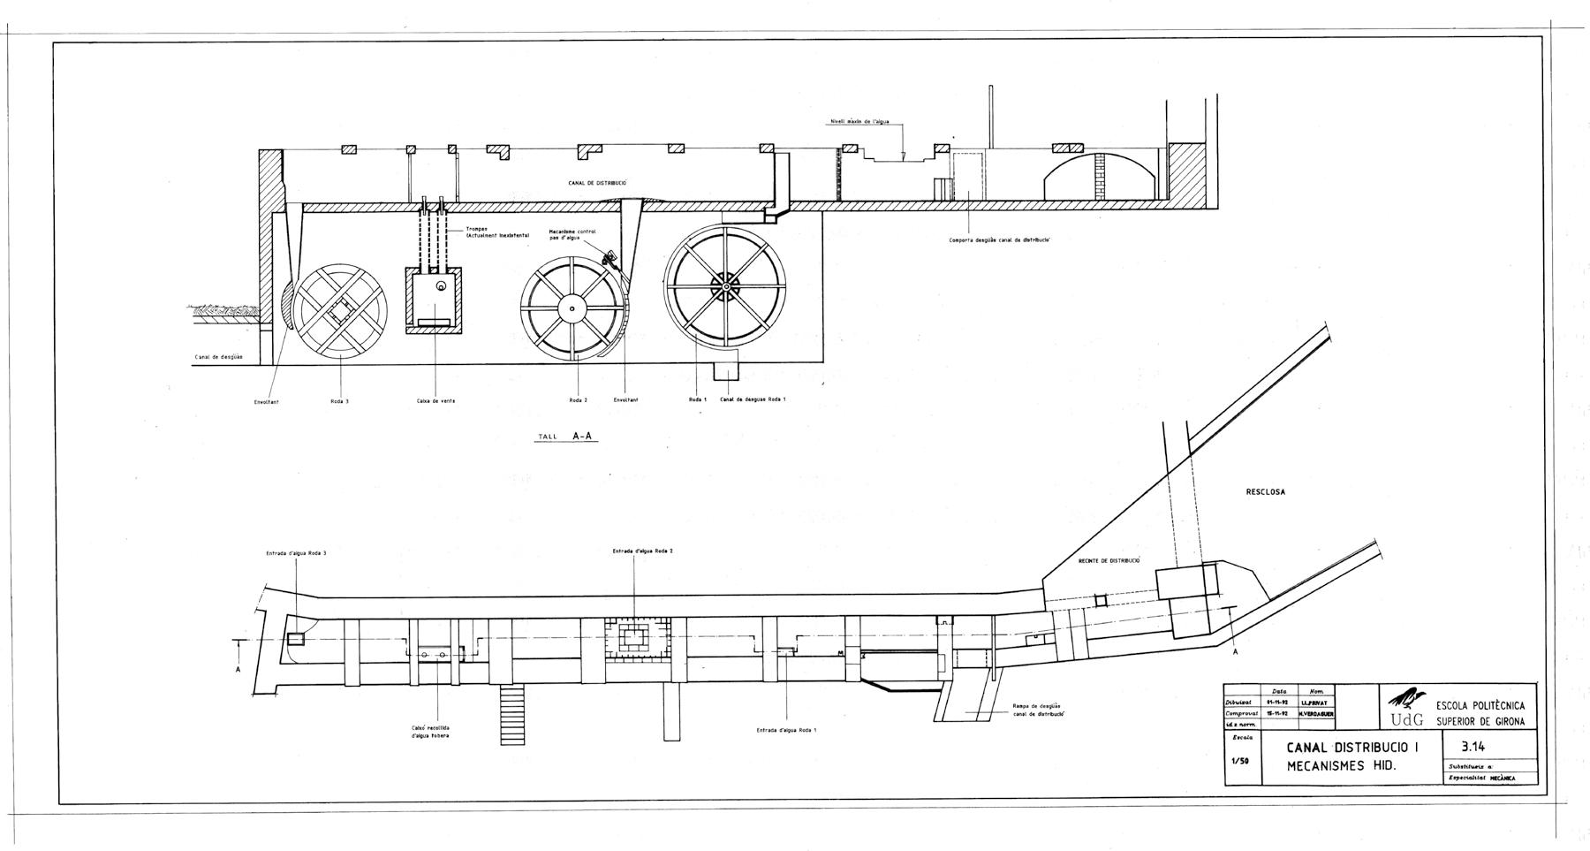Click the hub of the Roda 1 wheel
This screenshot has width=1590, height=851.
click(x=725, y=286)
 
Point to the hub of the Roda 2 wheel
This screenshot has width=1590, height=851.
click(x=572, y=308)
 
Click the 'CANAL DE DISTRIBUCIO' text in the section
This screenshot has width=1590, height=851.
click(x=597, y=183)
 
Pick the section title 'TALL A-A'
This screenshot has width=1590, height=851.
click(x=565, y=436)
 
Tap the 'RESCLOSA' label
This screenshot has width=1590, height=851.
click(x=1265, y=492)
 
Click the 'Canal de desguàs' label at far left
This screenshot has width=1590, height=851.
click(x=219, y=358)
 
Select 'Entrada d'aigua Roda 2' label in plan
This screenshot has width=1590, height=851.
click(x=643, y=551)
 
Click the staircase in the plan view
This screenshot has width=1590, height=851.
click(x=511, y=714)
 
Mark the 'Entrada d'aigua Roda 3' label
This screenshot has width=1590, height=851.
click(x=296, y=553)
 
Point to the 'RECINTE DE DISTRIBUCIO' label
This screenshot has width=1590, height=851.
click(x=1109, y=560)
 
